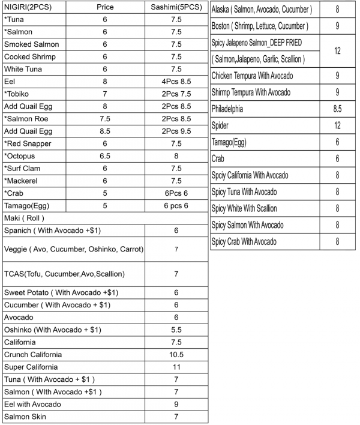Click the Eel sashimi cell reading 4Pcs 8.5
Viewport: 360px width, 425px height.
pyautogui.click(x=176, y=82)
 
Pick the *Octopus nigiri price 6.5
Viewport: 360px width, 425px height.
pyautogui.click(x=105, y=156)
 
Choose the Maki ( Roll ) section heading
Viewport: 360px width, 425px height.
pyautogui.click(x=24, y=218)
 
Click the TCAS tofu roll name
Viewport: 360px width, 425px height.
pyautogui.click(x=64, y=274)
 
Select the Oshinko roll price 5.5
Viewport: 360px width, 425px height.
pyautogui.click(x=176, y=330)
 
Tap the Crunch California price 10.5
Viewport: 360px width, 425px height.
pyautogui.click(x=176, y=354)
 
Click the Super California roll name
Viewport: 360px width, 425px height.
pyautogui.click(x=31, y=367)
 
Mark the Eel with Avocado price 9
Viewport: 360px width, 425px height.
pyautogui.click(x=176, y=404)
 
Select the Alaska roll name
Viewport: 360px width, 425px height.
pyautogui.click(x=261, y=10)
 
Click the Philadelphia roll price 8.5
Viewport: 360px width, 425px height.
pyautogui.click(x=337, y=109)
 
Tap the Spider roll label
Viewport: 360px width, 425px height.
pyautogui.click(x=220, y=125)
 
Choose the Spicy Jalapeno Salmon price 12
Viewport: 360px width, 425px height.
pyautogui.click(x=337, y=51)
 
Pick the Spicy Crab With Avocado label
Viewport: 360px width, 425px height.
pyautogui.click(x=244, y=241)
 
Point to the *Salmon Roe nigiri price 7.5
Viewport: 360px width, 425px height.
pyautogui.click(x=105, y=119)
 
